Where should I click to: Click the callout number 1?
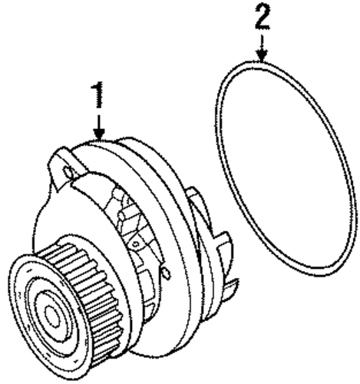pos(97,94)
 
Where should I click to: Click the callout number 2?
pos(263,17)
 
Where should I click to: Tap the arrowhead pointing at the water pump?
pos(99,134)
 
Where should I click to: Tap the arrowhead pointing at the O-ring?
pos(262,55)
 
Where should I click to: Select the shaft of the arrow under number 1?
pos(99,122)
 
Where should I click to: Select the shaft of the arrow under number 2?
pos(262,43)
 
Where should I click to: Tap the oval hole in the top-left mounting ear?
pos(68,172)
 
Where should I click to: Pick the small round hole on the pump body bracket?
pos(136,243)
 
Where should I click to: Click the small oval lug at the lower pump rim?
pos(167,273)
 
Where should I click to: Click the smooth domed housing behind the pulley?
pos(48,217)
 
